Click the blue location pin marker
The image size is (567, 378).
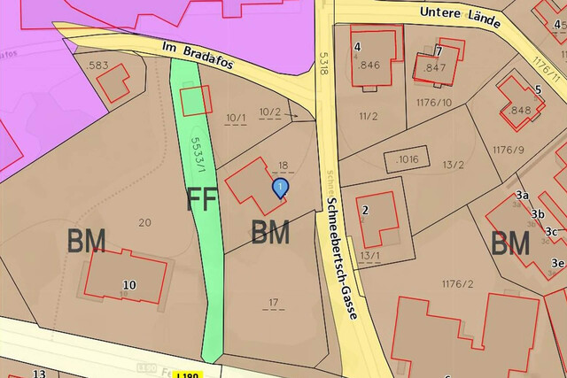[280, 188]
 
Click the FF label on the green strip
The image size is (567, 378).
[201, 200]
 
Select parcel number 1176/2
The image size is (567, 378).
[458, 283]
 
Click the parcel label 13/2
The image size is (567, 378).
[454, 165]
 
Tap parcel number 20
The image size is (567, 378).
[145, 222]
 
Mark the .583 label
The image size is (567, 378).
[97, 66]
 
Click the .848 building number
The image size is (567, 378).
[520, 111]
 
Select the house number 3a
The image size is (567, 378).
[522, 196]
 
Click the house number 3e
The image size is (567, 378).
[557, 263]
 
